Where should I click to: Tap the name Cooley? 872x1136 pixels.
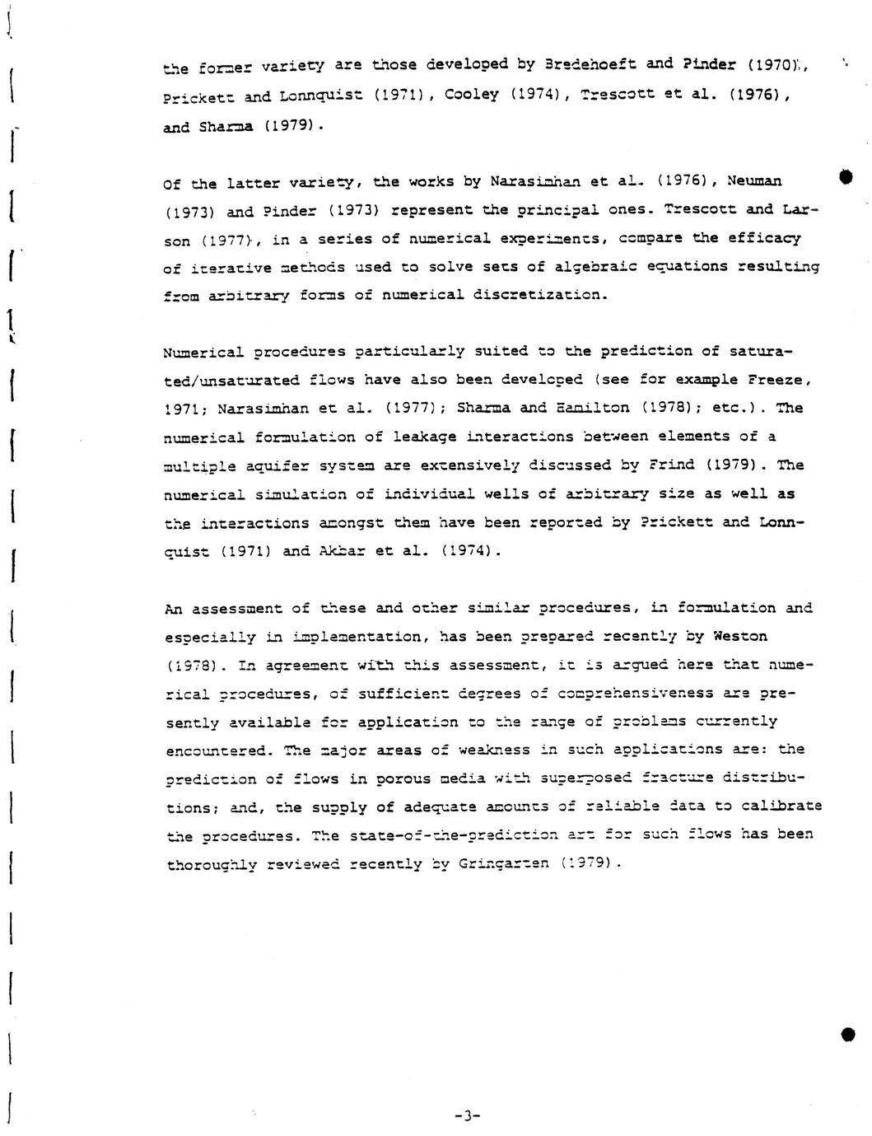471,95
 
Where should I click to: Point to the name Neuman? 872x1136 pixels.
754,180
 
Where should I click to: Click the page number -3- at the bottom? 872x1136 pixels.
466,1117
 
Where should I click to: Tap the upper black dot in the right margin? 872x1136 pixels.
847,175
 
